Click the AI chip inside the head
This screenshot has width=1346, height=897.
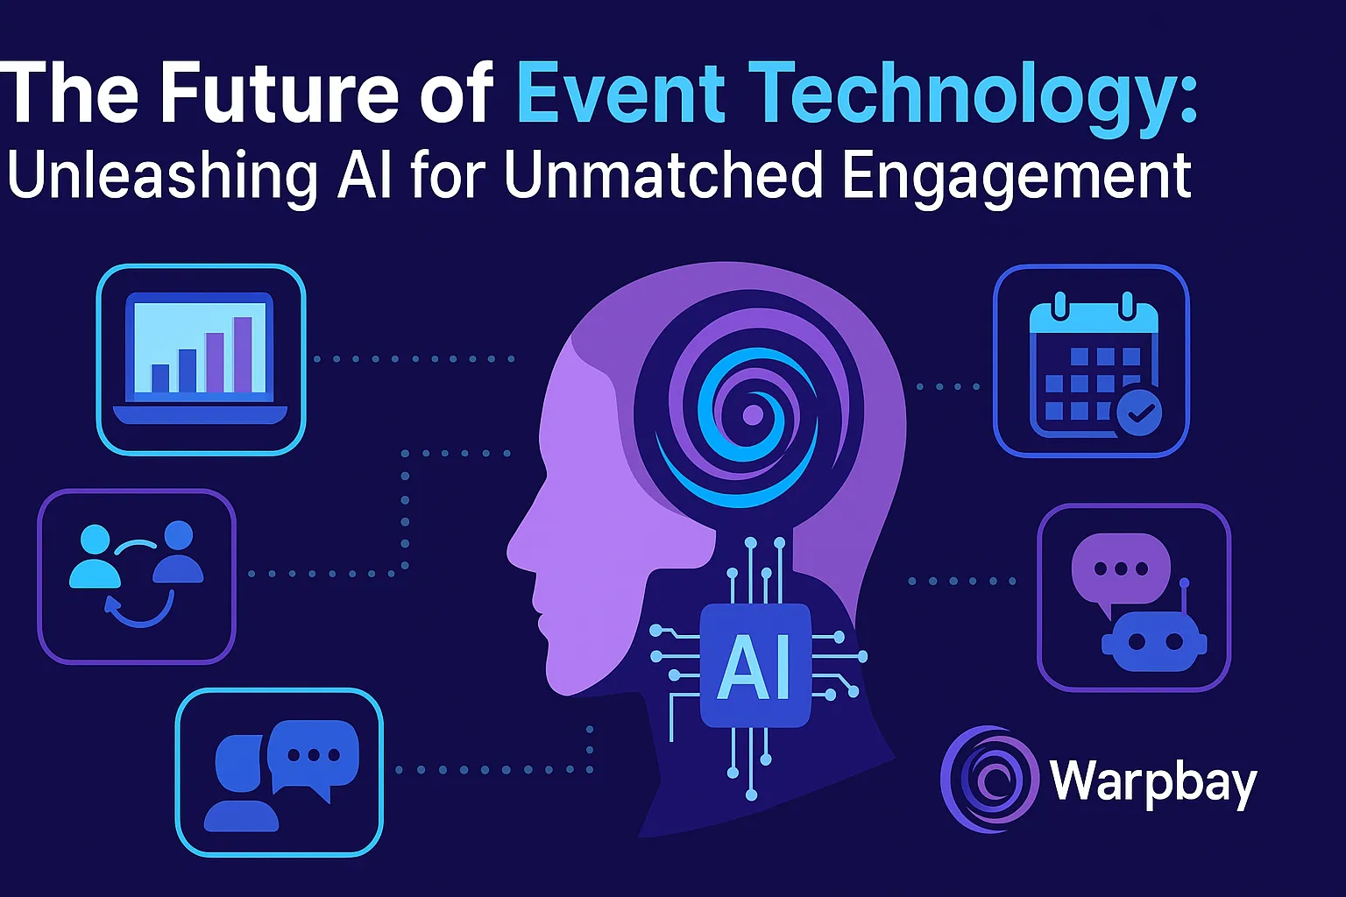pyautogui.click(x=755, y=666)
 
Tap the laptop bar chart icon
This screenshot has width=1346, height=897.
pyautogui.click(x=201, y=358)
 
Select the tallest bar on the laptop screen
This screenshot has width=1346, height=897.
pyautogui.click(x=243, y=355)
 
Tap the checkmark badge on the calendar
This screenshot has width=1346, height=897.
pyautogui.click(x=1139, y=413)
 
